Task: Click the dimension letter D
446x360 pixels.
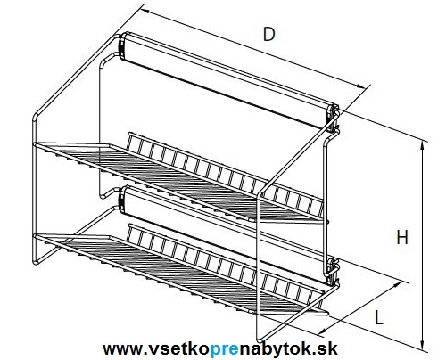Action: [269, 34]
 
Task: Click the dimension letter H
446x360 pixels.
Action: [402, 238]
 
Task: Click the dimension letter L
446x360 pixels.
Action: [378, 317]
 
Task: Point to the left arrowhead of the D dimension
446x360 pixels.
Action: [145, 12]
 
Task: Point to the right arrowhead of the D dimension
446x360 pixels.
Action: [360, 86]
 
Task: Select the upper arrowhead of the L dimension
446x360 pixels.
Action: [398, 285]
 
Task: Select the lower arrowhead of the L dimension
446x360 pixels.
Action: [323, 331]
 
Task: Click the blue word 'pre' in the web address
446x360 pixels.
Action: [224, 348]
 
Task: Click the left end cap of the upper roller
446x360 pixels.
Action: [122, 45]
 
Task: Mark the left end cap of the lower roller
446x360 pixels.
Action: [121, 200]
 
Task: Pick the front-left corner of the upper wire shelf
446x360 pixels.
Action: [36, 144]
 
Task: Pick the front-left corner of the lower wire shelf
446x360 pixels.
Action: [36, 236]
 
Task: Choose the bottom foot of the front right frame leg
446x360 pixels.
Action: [260, 338]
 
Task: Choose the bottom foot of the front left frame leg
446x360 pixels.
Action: [36, 261]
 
